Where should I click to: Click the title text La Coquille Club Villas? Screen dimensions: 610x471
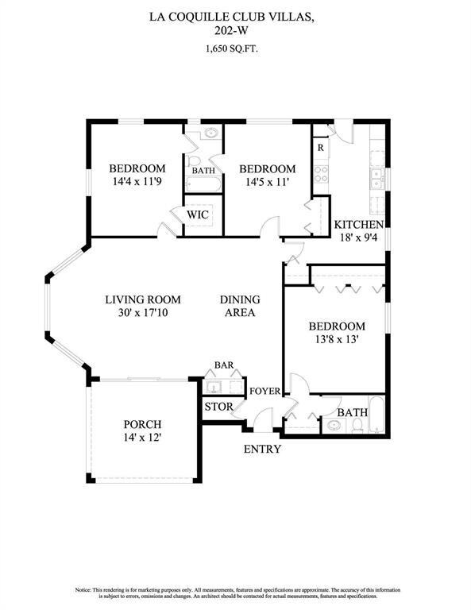[235, 15]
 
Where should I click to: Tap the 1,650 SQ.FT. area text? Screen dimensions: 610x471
[235, 48]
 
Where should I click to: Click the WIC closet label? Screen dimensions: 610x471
[198, 214]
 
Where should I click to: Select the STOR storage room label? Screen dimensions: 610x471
[219, 407]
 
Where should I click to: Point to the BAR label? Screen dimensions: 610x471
[223, 365]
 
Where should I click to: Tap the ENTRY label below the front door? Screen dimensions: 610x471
[261, 449]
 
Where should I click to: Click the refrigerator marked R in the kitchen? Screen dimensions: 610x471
[320, 148]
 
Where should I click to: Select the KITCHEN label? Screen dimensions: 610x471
[359, 225]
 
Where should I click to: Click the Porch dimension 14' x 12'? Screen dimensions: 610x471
[142, 438]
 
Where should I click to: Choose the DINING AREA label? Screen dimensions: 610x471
[239, 306]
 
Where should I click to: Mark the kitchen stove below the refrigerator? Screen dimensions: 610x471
[321, 173]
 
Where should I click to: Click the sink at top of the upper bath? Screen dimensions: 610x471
[211, 133]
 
